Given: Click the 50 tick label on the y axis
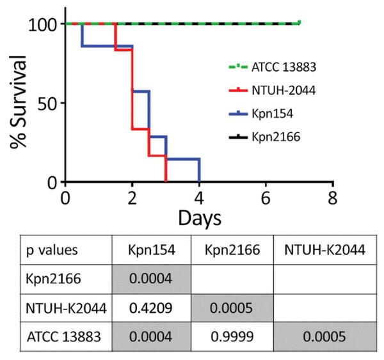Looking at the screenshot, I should tap(48, 103).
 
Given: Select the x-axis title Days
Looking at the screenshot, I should tap(199, 218).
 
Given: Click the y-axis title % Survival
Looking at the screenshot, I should tap(19, 103).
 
